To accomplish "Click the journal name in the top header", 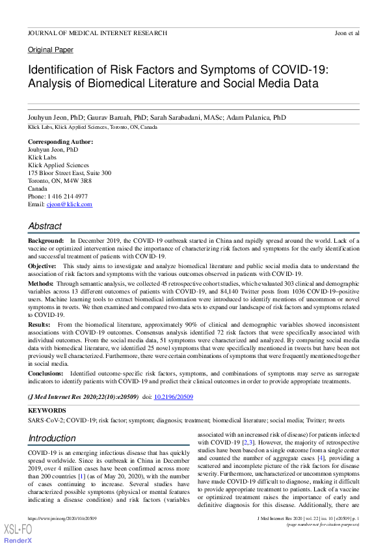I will coord(97,33).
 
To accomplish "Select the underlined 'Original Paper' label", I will coord(50,50).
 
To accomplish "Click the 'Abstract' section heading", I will coord(45,226).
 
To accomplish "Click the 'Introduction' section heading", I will coord(52,438).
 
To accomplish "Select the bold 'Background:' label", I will coord(46,241).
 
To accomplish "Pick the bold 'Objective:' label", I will coord(43,266).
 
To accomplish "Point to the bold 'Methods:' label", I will coord(41,284).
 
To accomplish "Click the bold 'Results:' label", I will coord(40,323).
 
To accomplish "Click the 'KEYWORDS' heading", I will coord(47,411).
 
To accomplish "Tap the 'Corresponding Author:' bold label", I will coord(60,142).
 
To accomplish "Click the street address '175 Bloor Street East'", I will coord(62,173).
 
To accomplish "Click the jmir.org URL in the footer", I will coord(62,518).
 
